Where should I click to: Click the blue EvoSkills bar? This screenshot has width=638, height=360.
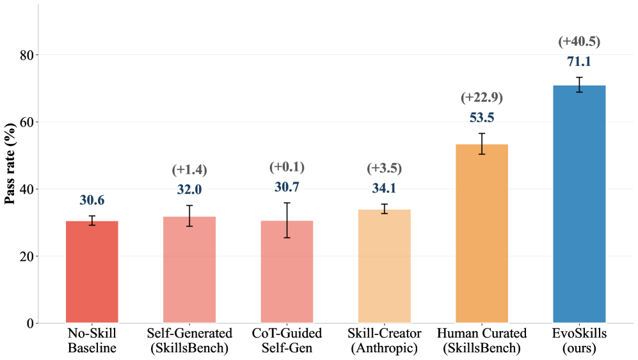(x=578, y=205)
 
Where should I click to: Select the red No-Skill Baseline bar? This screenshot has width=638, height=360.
(x=92, y=272)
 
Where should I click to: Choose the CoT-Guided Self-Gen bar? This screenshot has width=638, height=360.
(x=287, y=272)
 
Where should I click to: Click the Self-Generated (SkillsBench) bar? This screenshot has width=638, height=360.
(x=189, y=270)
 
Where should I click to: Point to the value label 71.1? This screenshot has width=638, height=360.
(x=578, y=62)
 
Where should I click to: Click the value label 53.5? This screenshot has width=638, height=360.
(x=481, y=118)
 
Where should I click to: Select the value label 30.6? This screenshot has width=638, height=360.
(x=92, y=201)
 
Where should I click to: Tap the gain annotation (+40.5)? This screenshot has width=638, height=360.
(x=578, y=42)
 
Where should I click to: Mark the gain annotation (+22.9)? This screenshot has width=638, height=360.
(x=481, y=98)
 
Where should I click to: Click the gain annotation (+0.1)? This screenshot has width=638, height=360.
(x=287, y=168)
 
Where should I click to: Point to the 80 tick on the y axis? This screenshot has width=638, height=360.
(x=26, y=55)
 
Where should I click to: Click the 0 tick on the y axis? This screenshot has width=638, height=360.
(x=29, y=324)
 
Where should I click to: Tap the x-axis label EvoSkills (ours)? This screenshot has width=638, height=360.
(x=578, y=341)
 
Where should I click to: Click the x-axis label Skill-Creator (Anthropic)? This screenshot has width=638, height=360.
(x=384, y=341)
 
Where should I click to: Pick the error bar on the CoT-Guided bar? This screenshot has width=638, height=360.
(x=287, y=220)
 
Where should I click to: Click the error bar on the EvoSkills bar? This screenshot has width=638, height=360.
(x=578, y=85)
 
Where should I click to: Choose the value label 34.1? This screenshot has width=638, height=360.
(x=384, y=189)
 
